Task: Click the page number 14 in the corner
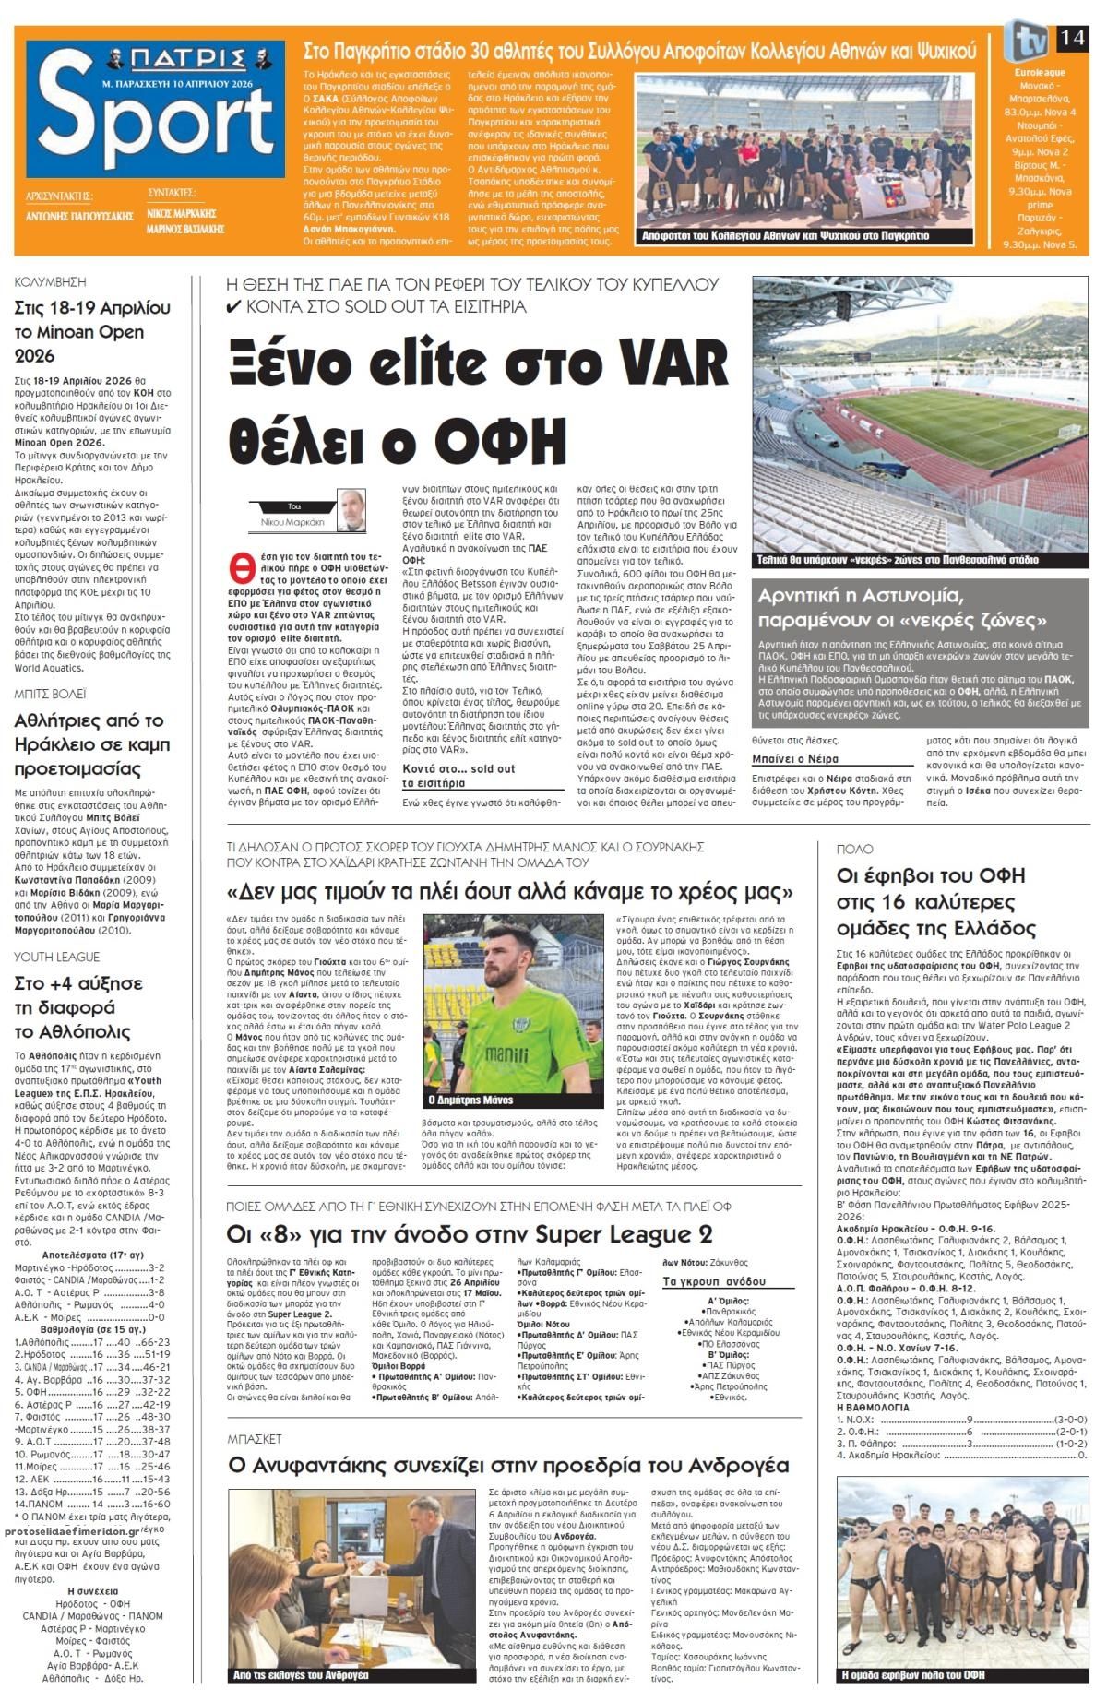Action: [x=1072, y=38]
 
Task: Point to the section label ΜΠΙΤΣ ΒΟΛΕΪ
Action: [x=51, y=691]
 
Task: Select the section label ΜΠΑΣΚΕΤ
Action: [x=255, y=1438]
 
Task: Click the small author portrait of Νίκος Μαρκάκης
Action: [x=349, y=510]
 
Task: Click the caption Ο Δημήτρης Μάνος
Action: [x=470, y=1100]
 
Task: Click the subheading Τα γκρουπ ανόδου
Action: [x=714, y=1281]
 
